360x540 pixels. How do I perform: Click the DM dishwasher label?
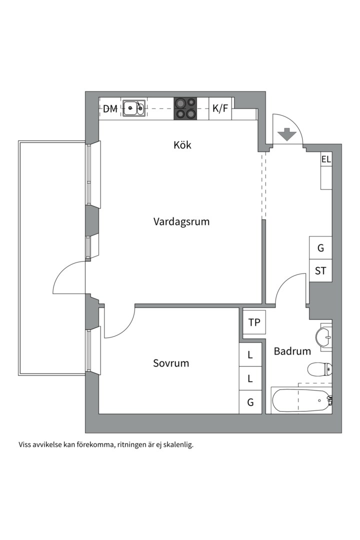tap(110, 108)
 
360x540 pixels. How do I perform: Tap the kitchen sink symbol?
tap(134, 107)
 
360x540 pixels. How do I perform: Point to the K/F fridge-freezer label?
tap(220, 108)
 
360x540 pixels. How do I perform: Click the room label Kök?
tap(182, 145)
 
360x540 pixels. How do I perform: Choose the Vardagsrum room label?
tap(181, 221)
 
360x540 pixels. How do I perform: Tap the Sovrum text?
tap(171, 363)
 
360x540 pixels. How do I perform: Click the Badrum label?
tap(292, 351)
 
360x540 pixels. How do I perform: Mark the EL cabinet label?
tap(326, 160)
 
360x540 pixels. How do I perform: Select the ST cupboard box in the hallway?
tap(320, 271)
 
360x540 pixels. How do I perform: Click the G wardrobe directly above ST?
tap(320, 247)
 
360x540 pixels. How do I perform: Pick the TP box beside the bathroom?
tap(254, 322)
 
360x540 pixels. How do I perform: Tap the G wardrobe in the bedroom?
tap(250, 402)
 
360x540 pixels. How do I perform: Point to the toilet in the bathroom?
tap(318, 370)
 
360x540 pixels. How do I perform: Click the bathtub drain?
tap(319, 400)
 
